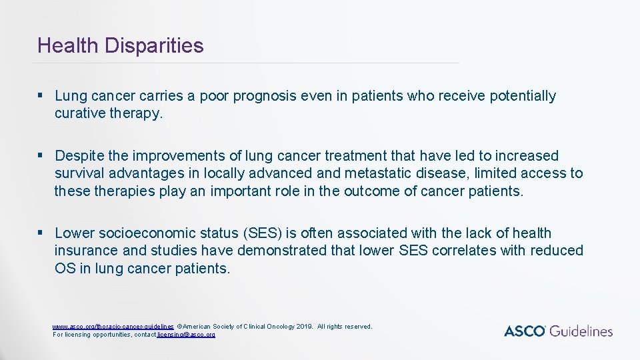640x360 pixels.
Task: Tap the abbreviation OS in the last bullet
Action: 65,268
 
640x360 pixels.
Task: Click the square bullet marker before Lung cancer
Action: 41,96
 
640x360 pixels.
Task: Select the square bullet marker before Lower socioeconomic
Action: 41,233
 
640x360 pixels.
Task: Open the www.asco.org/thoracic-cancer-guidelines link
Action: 113,327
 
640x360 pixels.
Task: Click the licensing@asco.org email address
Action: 186,334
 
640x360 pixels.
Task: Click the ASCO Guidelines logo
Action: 558,331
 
